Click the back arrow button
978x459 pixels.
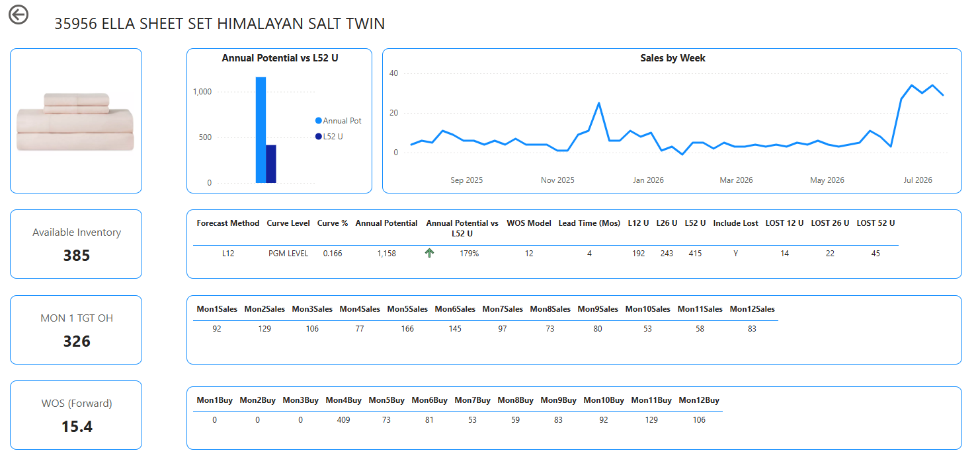click(x=19, y=15)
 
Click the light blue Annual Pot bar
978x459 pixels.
click(x=261, y=130)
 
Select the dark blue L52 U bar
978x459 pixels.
click(x=270, y=164)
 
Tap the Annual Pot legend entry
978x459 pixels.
click(x=339, y=121)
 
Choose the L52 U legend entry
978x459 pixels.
click(x=329, y=137)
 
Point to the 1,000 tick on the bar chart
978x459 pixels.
click(x=202, y=92)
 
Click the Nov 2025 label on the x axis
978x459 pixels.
click(x=557, y=180)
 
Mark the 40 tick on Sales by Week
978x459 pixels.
click(x=394, y=73)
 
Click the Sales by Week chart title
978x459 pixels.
click(x=672, y=58)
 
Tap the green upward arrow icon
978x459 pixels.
click(x=430, y=253)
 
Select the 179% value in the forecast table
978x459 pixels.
click(x=469, y=253)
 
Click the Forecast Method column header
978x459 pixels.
click(x=228, y=223)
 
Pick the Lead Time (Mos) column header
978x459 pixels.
click(x=589, y=223)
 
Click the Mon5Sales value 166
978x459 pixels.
click(x=407, y=329)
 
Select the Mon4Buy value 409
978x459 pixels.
click(x=344, y=420)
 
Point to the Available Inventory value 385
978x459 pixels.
click(x=77, y=256)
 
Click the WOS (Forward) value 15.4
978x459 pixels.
click(x=77, y=426)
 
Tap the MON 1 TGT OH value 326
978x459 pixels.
click(x=77, y=341)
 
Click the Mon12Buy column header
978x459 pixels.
click(x=698, y=400)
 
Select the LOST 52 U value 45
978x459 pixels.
click(x=876, y=253)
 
